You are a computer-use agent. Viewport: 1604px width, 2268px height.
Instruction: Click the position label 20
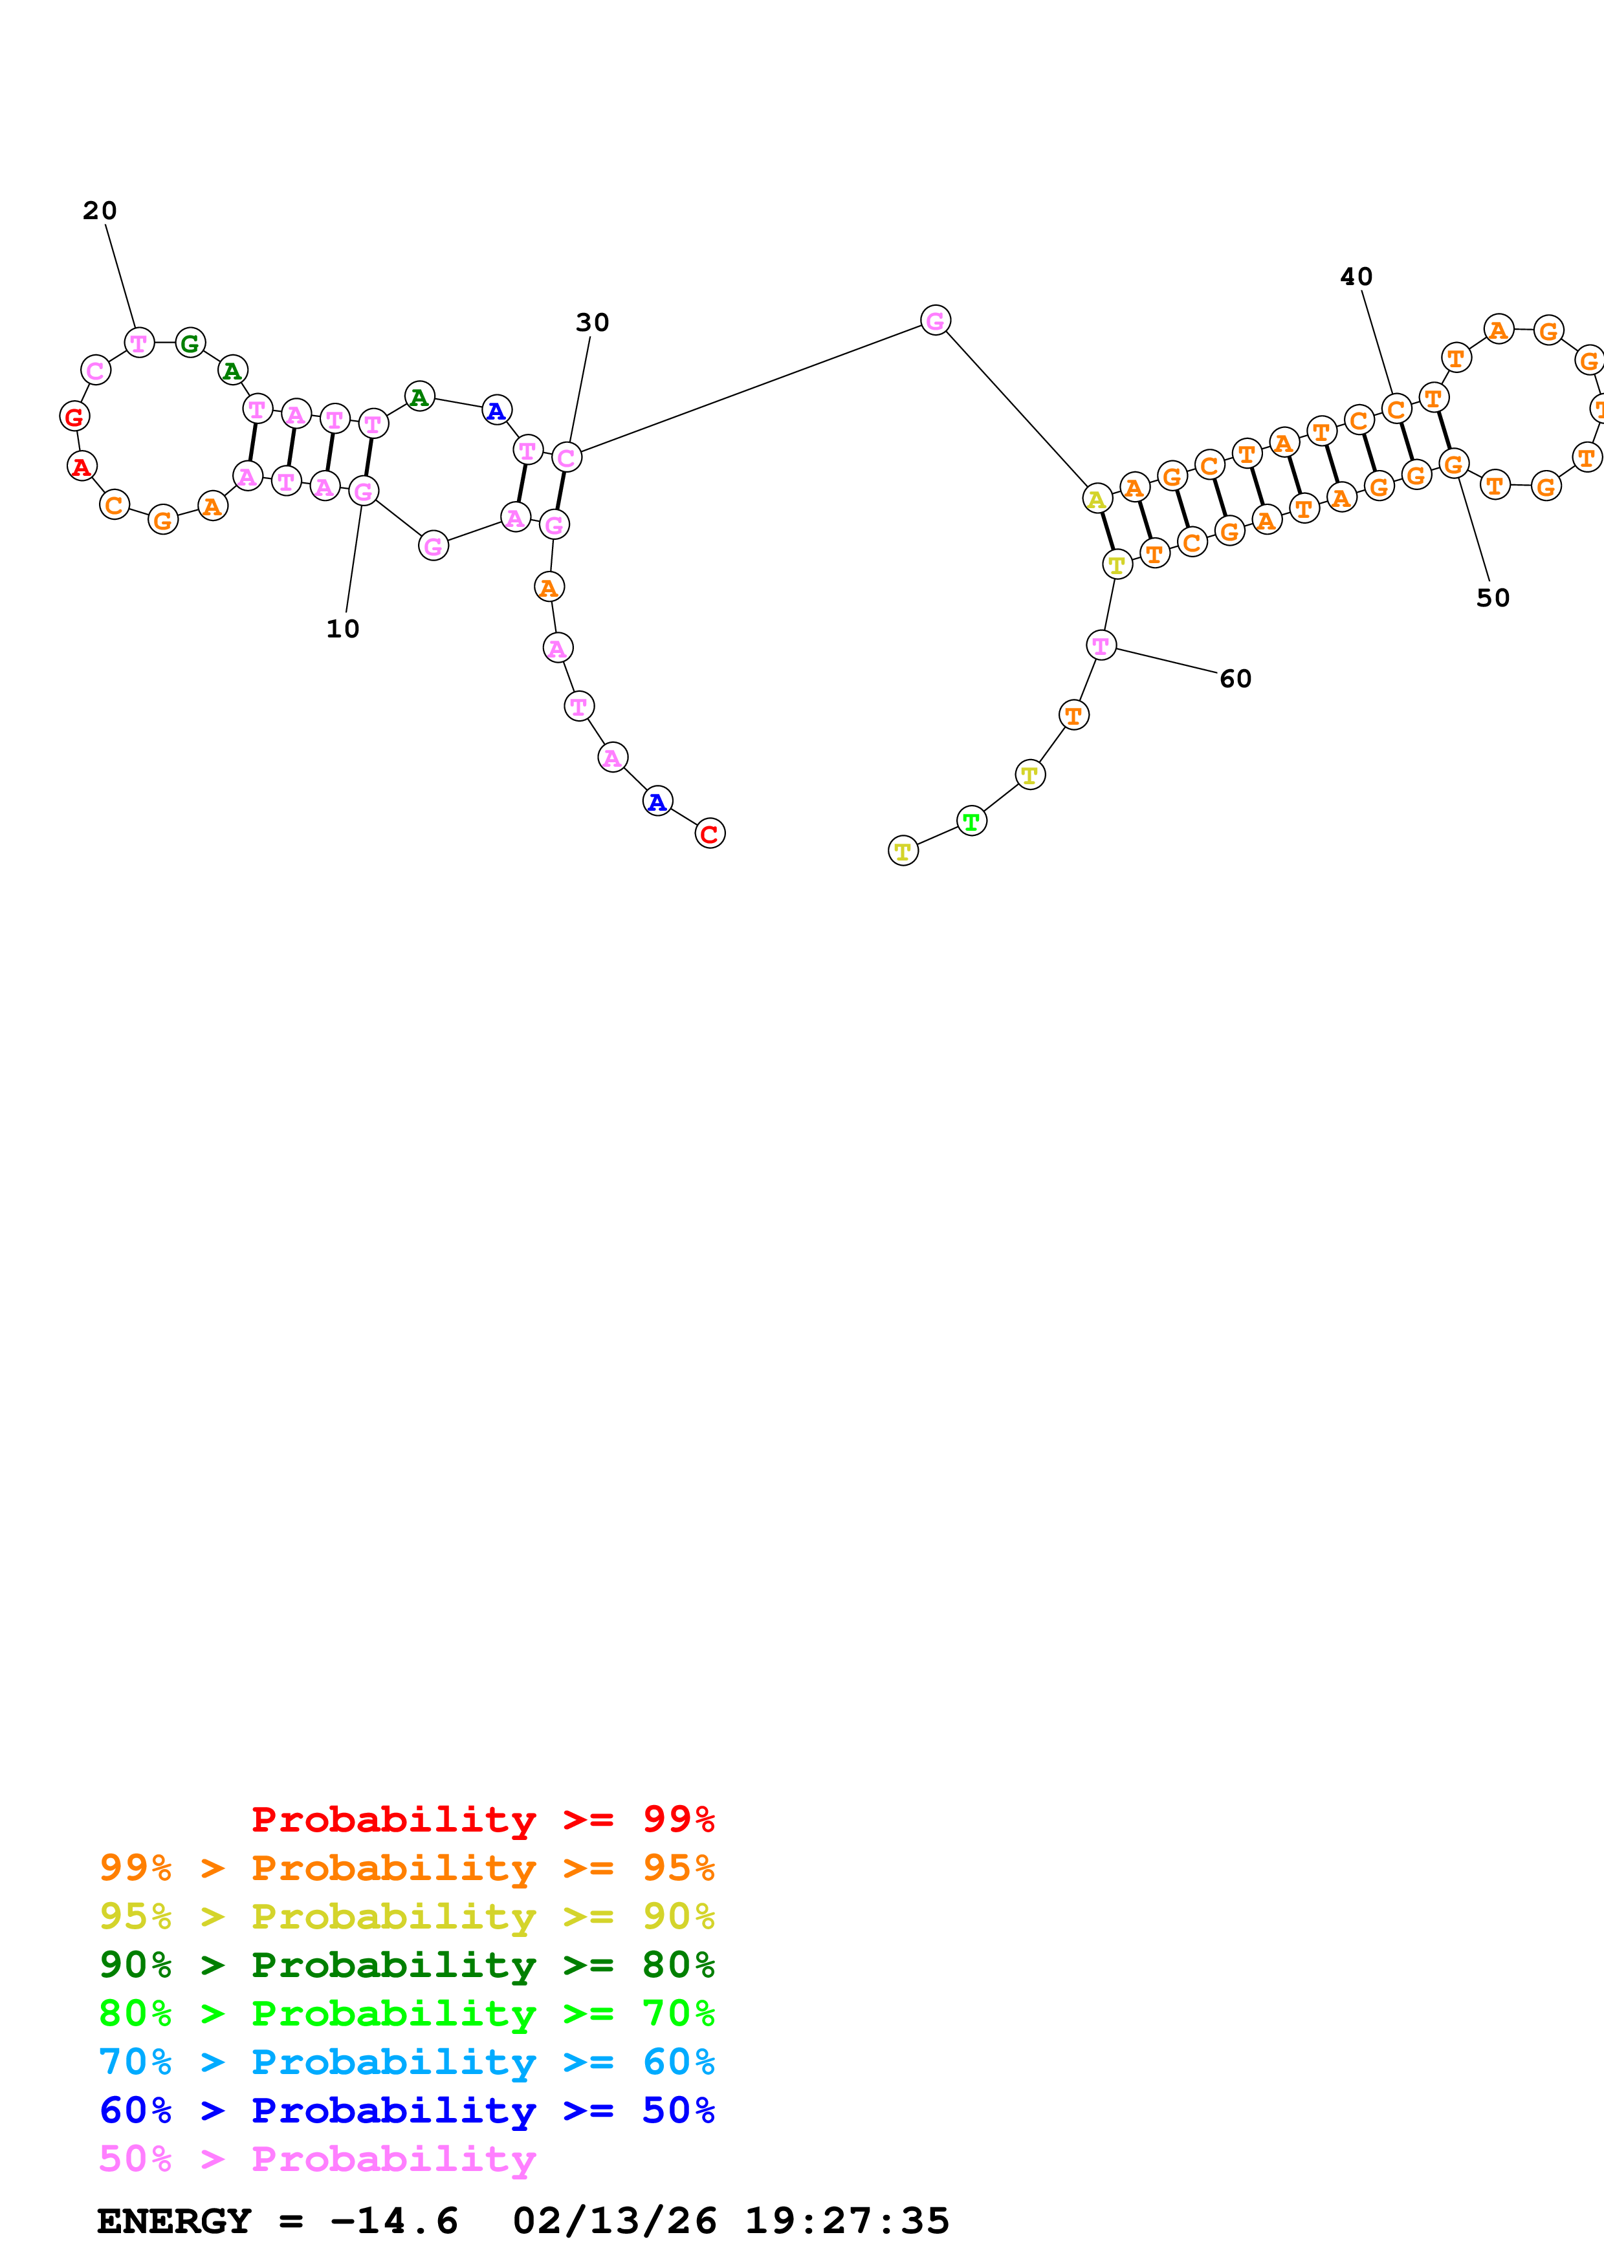[99, 210]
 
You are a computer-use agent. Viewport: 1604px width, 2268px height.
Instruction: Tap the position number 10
[343, 628]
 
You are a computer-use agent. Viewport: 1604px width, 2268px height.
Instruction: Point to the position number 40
[1356, 277]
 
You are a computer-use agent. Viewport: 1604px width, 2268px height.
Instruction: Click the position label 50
[1492, 597]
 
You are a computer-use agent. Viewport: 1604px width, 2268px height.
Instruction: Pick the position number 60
[1235, 679]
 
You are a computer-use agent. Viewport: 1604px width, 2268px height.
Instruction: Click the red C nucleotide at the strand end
[710, 834]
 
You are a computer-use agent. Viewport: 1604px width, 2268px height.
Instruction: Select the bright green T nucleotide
[971, 821]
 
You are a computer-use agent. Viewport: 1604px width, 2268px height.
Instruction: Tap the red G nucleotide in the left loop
[74, 417]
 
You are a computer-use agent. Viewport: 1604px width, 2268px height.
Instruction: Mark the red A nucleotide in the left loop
[82, 466]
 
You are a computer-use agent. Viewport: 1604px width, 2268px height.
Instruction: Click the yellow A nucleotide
[1097, 500]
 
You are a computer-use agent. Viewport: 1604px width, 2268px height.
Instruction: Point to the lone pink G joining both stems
[935, 320]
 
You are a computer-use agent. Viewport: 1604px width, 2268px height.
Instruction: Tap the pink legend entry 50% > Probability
[317, 2159]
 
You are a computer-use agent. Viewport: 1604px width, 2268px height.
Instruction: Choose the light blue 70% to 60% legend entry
[406, 2062]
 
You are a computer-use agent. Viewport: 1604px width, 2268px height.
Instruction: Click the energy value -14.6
[393, 2221]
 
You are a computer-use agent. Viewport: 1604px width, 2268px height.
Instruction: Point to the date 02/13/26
[614, 2221]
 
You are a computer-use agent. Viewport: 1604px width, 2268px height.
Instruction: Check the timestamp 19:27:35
[847, 2221]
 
